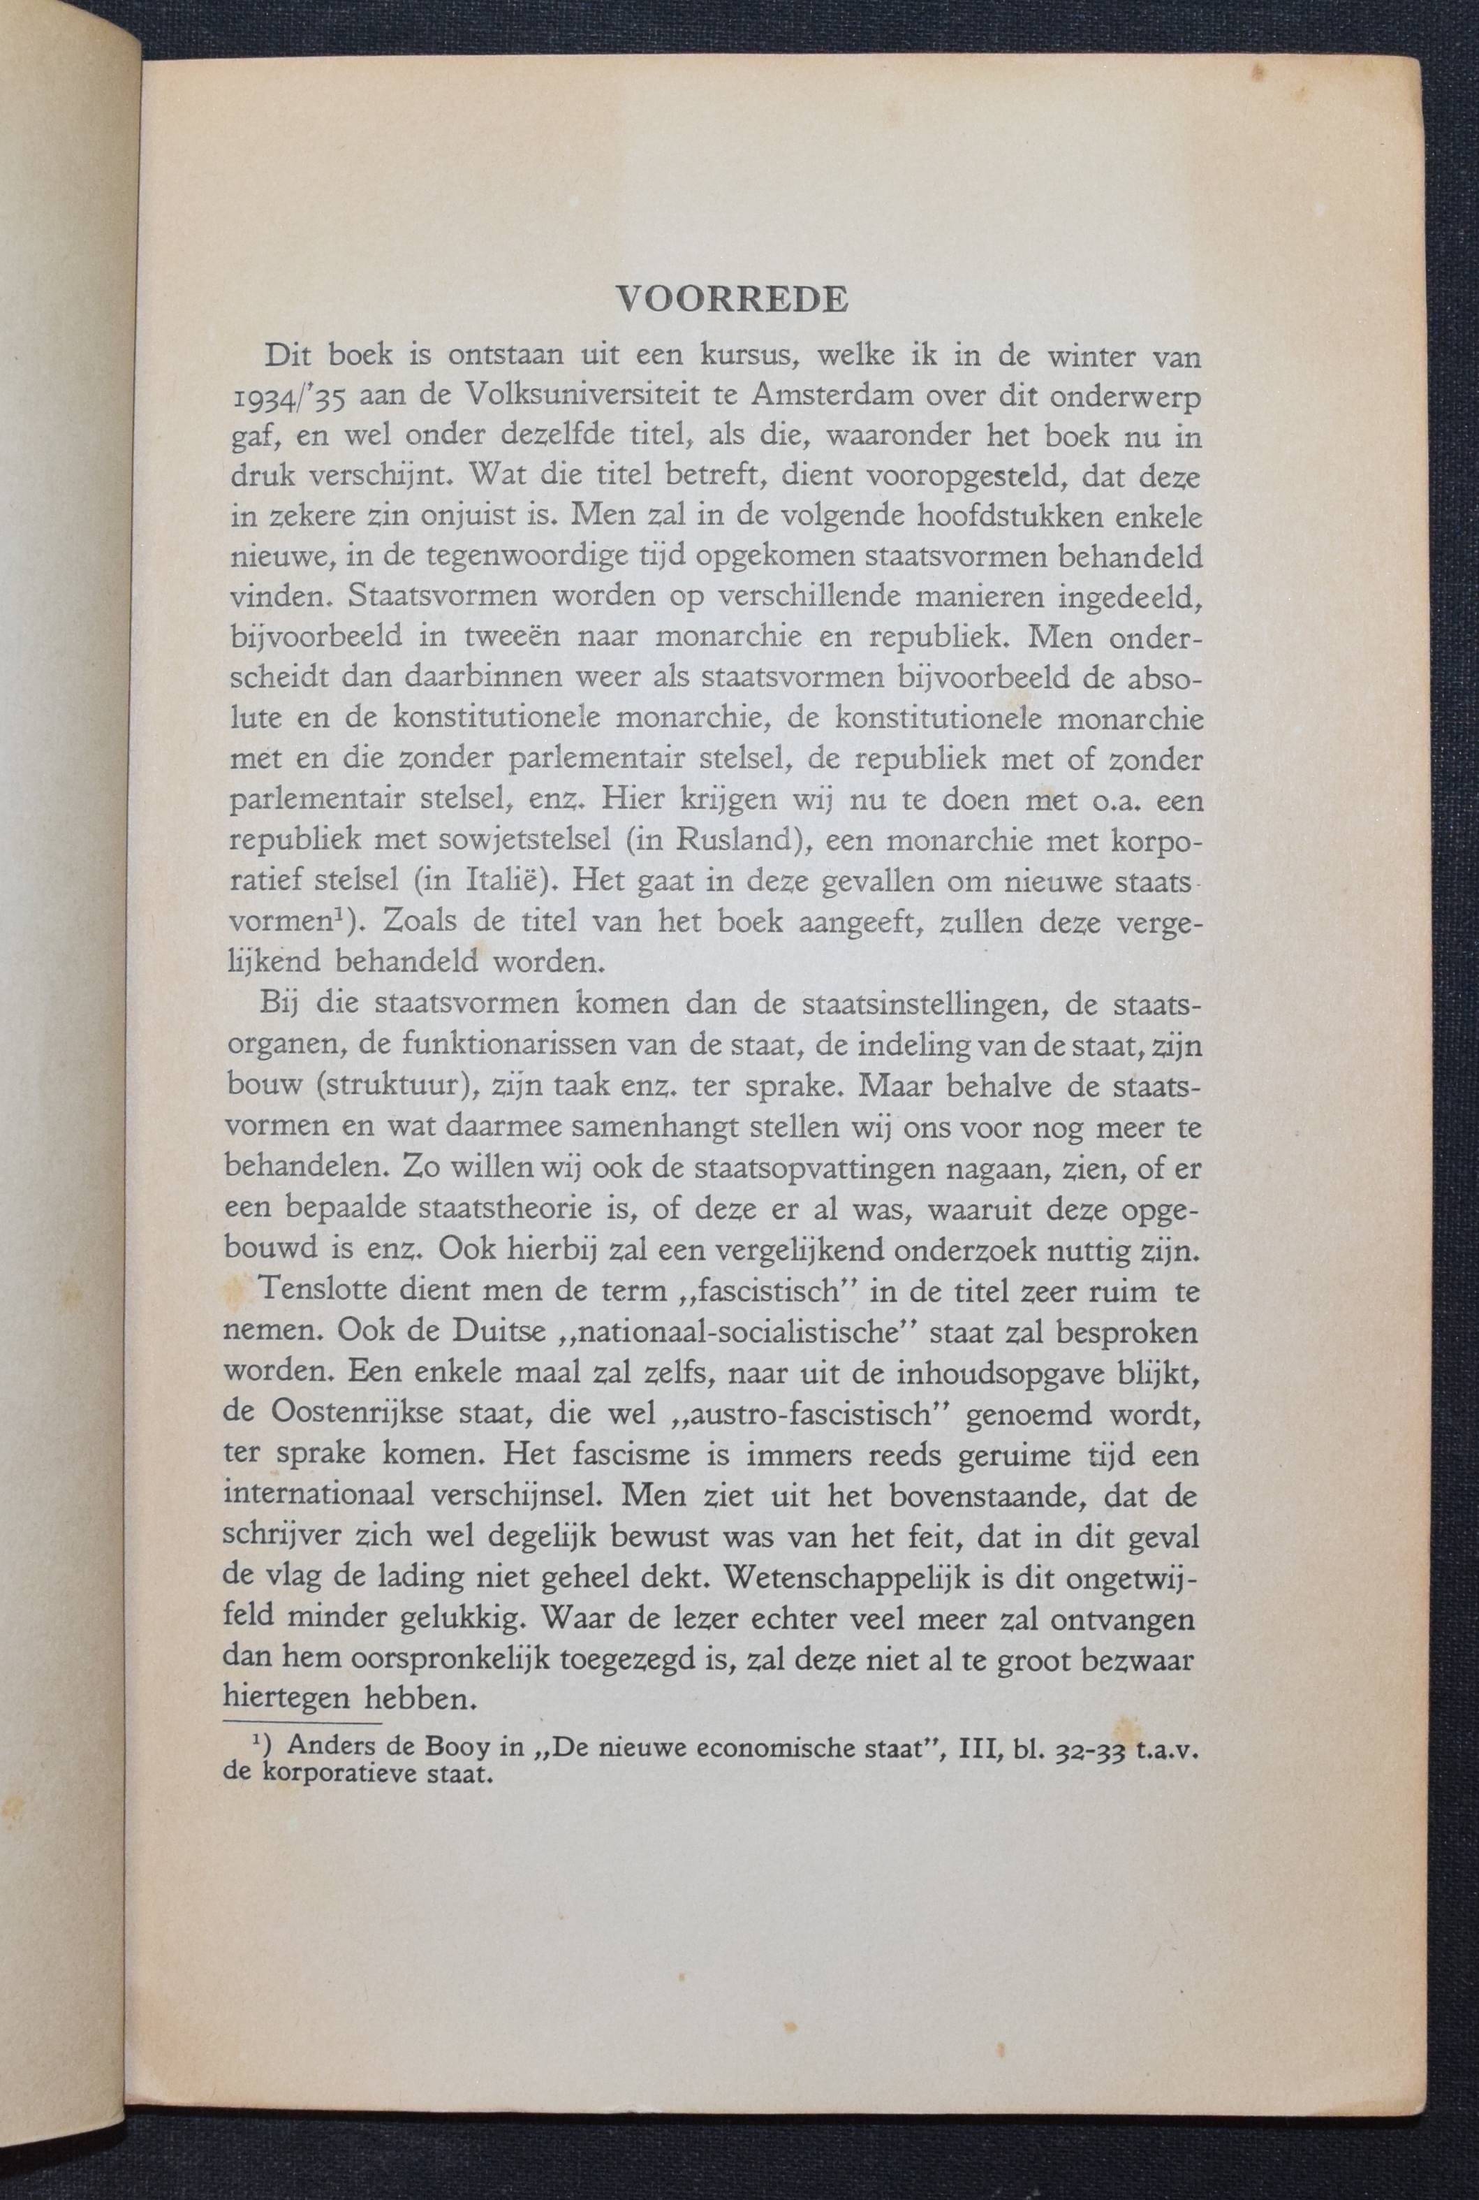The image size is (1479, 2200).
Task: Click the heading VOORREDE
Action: coord(731,298)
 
